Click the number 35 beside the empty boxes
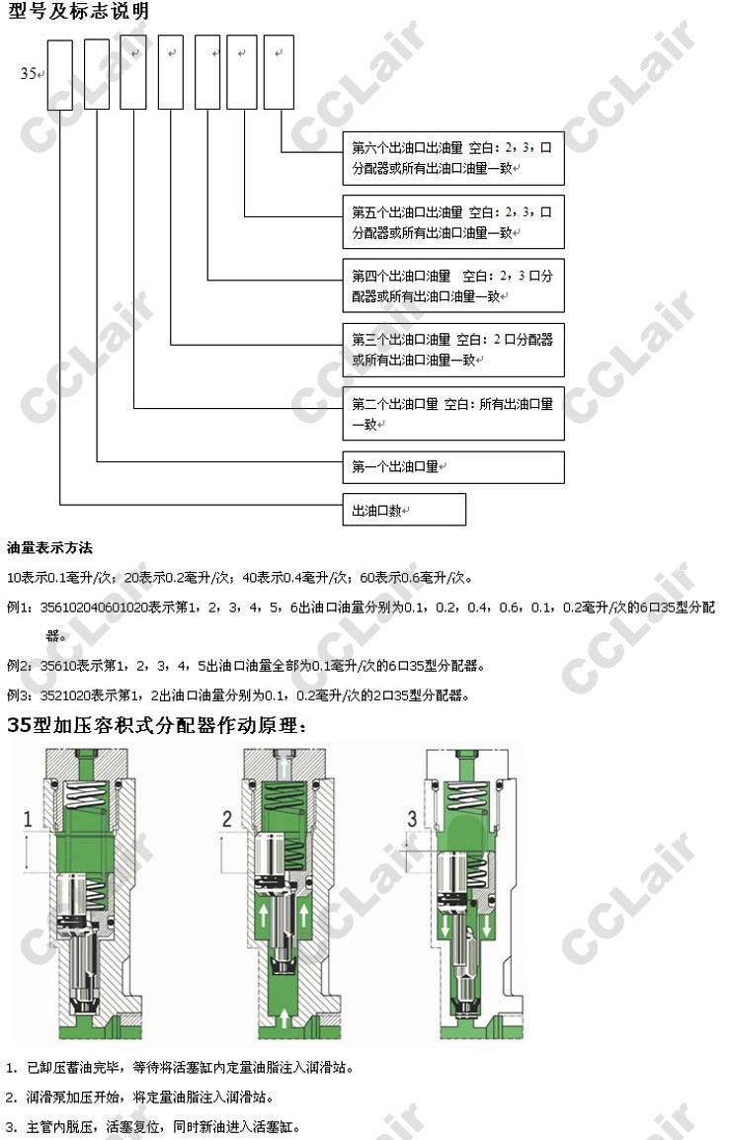[x=29, y=73]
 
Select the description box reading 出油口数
[x=404, y=510]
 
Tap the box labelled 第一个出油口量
[x=453, y=467]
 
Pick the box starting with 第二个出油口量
[x=453, y=414]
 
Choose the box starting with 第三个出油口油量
[x=453, y=349]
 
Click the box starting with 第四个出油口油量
[x=453, y=285]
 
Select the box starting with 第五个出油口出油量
[x=453, y=221]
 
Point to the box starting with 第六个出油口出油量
[x=453, y=158]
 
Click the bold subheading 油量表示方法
[x=49, y=548]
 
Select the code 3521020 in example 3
[x=65, y=695]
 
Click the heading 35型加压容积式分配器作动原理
[x=157, y=726]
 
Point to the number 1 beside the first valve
[x=28, y=819]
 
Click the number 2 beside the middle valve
[x=226, y=819]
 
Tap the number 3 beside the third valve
[x=412, y=819]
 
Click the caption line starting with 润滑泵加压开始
[x=150, y=1098]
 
